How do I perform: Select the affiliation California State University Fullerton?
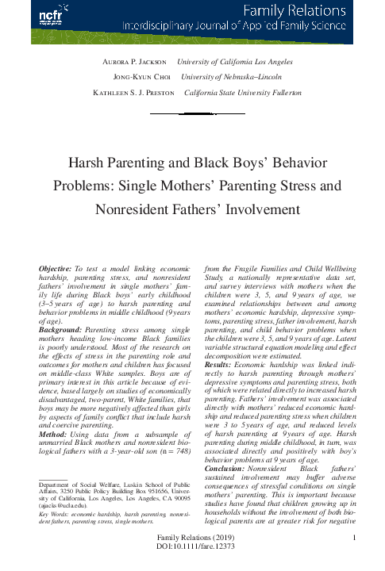243,93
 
